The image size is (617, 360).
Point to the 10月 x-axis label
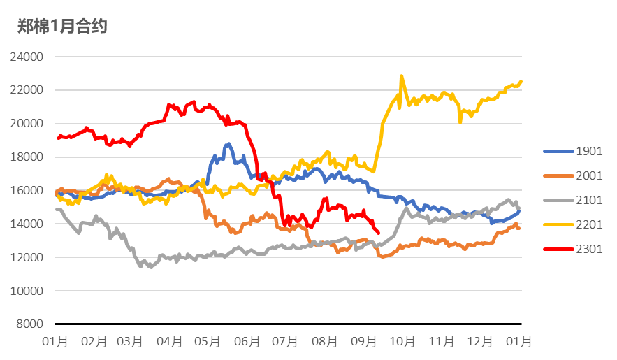402,342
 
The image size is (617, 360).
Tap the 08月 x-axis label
325,342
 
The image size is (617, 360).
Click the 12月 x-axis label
479,342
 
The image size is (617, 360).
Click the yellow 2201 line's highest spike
401,76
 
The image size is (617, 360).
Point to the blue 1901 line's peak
228,144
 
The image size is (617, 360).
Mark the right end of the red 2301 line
378,233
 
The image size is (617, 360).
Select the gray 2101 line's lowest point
150,267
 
